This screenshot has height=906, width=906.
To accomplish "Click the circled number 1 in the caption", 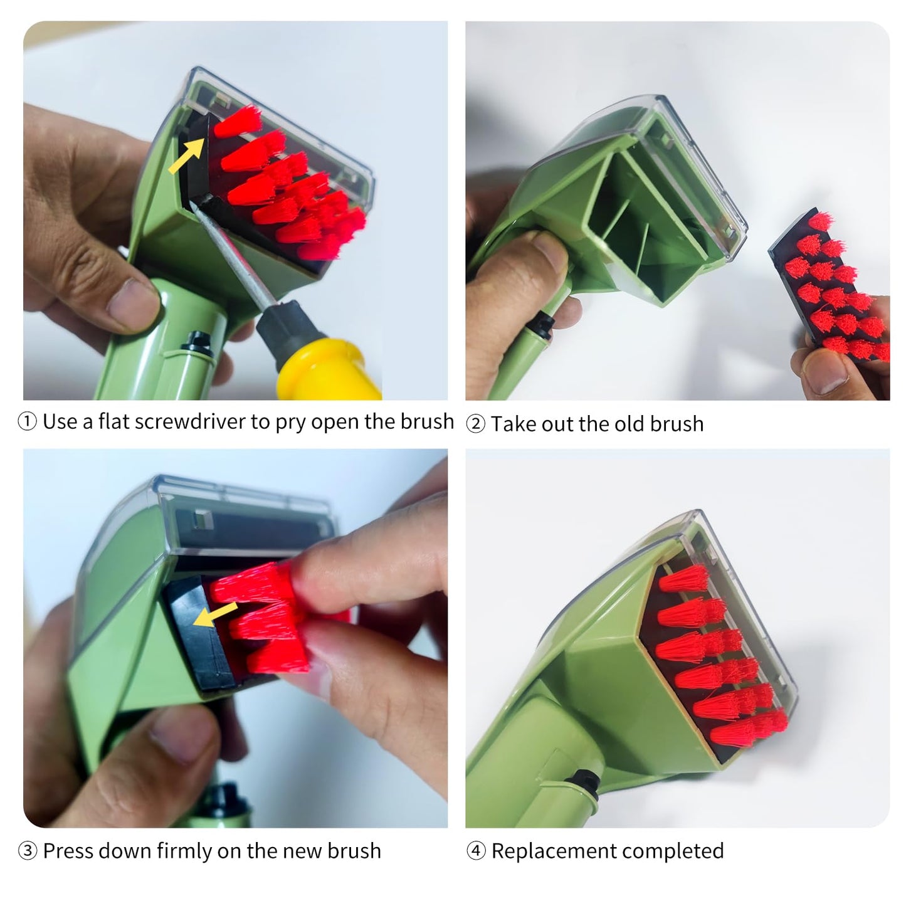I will pyautogui.click(x=28, y=422).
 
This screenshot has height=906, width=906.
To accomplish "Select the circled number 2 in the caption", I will pyautogui.click(x=476, y=424).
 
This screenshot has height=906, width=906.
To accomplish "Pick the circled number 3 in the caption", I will pyautogui.click(x=28, y=851).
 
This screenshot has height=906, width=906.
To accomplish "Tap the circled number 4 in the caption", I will pyautogui.click(x=476, y=851).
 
